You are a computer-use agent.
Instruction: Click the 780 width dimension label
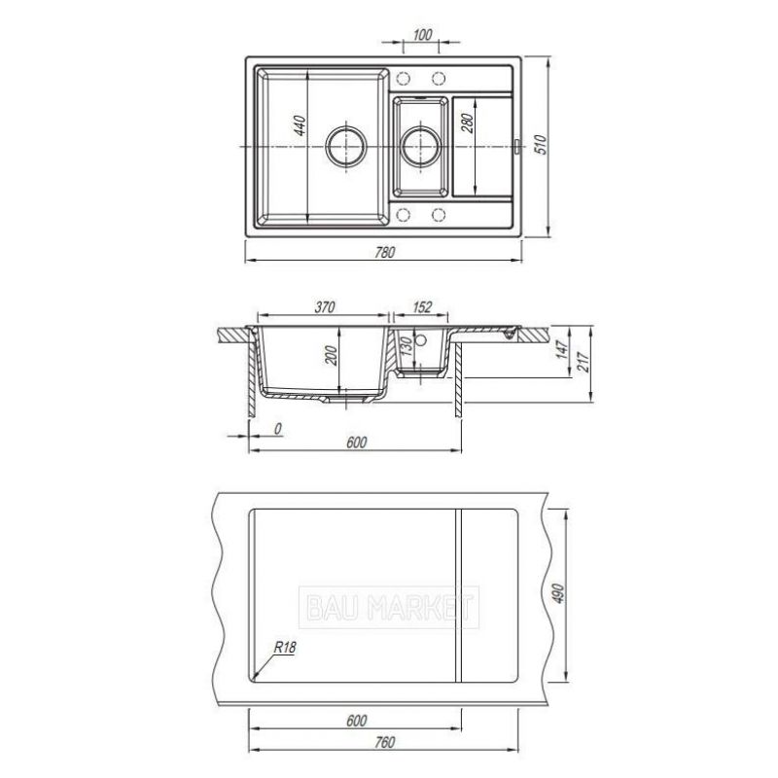(x=384, y=252)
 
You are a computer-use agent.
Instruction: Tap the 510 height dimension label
(x=541, y=144)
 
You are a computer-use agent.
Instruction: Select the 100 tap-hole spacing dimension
(x=422, y=35)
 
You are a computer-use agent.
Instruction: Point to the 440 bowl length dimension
(x=300, y=125)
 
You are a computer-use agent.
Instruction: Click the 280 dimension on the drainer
(x=468, y=124)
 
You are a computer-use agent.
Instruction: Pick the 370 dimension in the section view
(x=325, y=307)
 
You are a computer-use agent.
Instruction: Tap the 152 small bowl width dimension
(x=422, y=307)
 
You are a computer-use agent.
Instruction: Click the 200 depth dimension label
(x=331, y=355)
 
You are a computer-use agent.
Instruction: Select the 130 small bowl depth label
(x=406, y=346)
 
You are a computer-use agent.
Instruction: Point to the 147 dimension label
(x=561, y=349)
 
